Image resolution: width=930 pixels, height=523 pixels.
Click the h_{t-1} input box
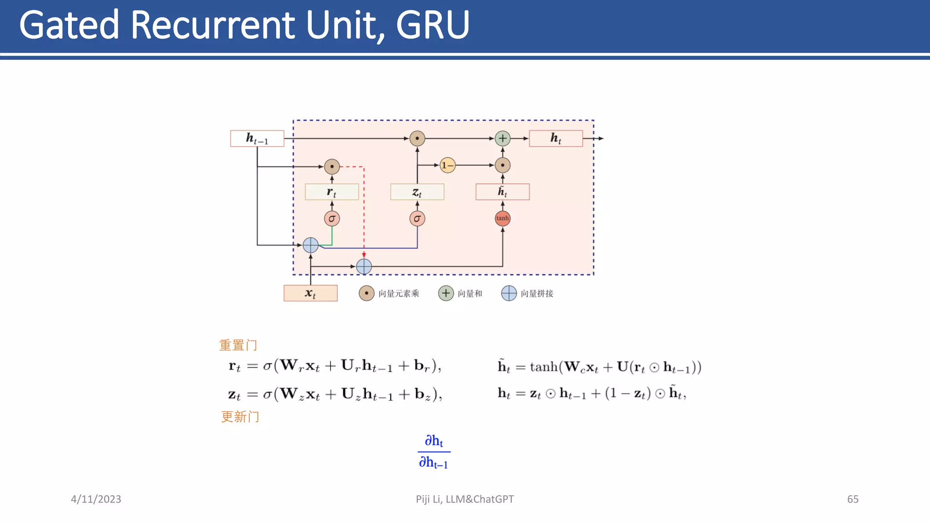tap(257, 138)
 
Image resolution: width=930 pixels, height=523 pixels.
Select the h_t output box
tap(556, 138)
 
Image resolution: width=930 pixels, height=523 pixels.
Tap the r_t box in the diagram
tap(331, 192)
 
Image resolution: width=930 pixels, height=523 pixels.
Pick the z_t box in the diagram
tap(417, 192)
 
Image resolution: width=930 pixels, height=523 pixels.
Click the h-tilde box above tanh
tap(502, 192)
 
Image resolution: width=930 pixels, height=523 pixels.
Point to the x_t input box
tap(310, 293)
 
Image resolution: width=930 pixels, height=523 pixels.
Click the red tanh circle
tap(502, 218)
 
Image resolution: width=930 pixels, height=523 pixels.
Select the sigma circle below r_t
tap(331, 219)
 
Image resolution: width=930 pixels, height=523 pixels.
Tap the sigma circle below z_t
tap(417, 219)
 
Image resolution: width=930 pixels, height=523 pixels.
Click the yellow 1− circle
tap(447, 165)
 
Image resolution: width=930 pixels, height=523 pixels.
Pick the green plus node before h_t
tap(502, 138)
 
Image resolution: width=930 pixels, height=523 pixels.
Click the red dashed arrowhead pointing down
tap(364, 255)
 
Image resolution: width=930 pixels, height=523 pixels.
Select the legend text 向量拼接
tap(537, 294)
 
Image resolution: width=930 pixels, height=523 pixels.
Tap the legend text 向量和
tap(470, 294)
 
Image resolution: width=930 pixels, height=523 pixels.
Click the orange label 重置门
tap(238, 345)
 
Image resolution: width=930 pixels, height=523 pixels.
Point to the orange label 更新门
tap(240, 417)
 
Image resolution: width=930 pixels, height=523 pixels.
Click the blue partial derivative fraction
tap(434, 452)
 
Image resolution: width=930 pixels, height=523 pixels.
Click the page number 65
tap(852, 499)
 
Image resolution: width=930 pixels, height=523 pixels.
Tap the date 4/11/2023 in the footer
tap(96, 499)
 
